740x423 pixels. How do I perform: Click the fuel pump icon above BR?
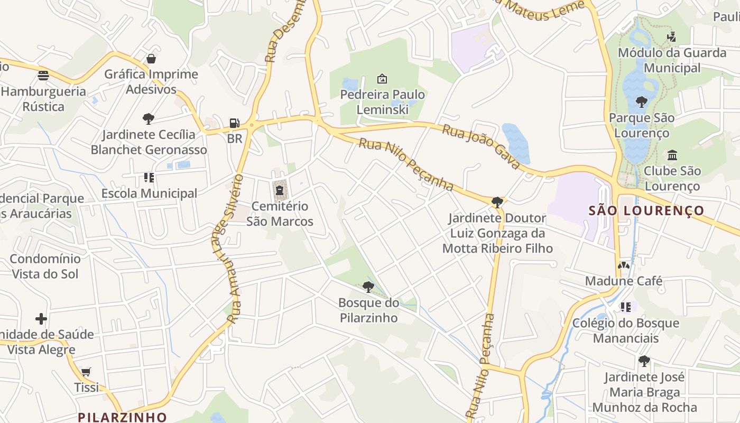click(234, 123)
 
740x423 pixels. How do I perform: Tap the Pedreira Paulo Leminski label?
click(382, 102)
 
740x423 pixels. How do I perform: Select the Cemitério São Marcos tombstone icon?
click(279, 190)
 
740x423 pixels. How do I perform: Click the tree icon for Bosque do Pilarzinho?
click(368, 287)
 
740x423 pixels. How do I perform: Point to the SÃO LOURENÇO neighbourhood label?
click(646, 210)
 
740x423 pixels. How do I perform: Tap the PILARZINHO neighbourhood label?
click(122, 417)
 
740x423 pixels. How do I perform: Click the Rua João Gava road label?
click(481, 146)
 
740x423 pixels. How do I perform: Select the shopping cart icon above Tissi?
click(86, 372)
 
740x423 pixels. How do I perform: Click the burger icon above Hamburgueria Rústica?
click(43, 75)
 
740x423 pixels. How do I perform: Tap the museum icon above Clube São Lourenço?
click(672, 155)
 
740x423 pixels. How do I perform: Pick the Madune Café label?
click(624, 281)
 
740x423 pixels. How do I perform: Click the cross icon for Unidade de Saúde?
click(41, 318)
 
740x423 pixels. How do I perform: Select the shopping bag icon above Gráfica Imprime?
click(151, 58)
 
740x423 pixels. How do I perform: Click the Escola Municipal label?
click(149, 194)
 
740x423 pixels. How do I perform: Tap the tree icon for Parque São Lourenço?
click(642, 101)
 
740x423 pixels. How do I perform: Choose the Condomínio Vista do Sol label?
click(45, 266)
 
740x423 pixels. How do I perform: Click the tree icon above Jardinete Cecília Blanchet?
click(149, 118)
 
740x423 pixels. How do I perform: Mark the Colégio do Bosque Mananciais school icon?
click(626, 307)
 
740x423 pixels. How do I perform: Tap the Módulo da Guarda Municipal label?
click(672, 60)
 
